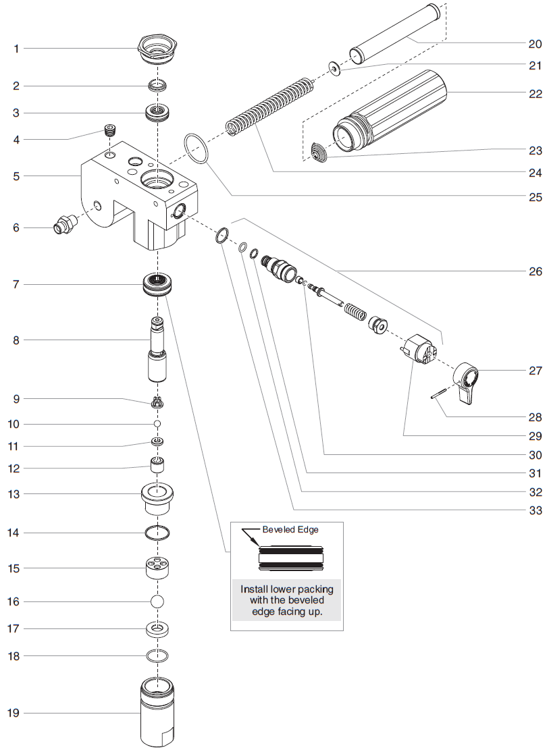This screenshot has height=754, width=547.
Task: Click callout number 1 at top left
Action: click(17, 49)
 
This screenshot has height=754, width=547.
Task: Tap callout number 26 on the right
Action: click(535, 271)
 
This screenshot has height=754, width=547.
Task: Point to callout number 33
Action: click(535, 510)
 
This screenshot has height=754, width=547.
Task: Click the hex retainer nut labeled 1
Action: click(157, 49)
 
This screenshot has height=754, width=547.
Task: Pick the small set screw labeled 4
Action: click(109, 130)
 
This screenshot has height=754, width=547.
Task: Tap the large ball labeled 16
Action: click(157, 601)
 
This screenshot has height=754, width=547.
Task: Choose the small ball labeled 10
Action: click(157, 424)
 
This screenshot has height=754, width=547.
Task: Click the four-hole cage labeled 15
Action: click(157, 568)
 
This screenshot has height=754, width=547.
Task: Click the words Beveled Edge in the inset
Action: click(290, 530)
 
